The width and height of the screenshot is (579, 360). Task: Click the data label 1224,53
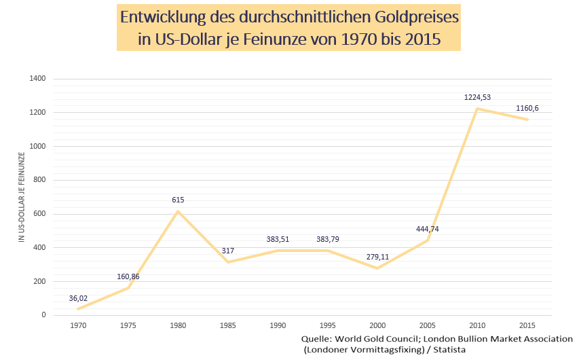tap(477, 98)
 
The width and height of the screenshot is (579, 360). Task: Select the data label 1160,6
tap(527, 108)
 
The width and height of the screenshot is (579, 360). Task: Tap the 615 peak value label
tap(178, 200)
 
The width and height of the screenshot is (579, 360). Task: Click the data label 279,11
tap(378, 257)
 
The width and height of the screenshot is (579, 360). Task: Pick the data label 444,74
tap(428, 229)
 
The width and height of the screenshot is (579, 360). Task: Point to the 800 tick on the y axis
tap(39, 180)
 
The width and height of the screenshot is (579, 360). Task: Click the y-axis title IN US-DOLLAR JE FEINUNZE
tap(22, 198)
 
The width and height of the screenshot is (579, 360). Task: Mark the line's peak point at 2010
tap(478, 109)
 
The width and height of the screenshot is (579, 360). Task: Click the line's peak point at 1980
tap(178, 211)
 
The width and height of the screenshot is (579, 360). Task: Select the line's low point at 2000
tap(378, 268)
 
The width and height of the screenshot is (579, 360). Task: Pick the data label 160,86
tap(128, 277)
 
